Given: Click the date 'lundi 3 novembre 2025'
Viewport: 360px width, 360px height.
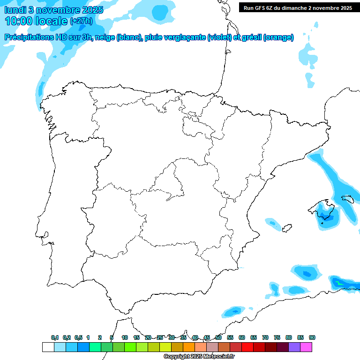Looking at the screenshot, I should click(54, 10).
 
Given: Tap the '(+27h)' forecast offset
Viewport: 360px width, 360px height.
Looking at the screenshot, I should click(81, 21).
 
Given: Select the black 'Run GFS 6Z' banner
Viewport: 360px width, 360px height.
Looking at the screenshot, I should click(298, 7).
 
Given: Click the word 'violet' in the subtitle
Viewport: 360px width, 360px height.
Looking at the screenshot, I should click(218, 37).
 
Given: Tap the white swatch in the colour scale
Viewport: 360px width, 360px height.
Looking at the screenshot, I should click(48, 347).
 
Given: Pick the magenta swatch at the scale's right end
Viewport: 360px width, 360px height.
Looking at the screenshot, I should click(306, 347).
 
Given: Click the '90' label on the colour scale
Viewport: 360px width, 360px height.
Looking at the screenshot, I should click(312, 337).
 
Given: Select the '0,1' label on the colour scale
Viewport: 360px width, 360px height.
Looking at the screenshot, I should click(55, 337).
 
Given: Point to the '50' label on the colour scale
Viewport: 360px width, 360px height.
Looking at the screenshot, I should click(218, 337).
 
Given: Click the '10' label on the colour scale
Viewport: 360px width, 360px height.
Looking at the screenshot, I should click(125, 337).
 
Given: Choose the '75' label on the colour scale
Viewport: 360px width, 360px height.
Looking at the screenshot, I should click(277, 337).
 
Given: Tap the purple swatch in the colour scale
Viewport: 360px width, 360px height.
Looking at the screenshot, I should click(294, 347).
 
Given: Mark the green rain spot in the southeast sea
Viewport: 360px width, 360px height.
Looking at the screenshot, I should click(338, 284).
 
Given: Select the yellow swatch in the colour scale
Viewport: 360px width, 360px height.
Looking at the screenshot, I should click(165, 347).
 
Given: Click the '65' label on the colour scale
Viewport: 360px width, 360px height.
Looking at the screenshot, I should click(254, 337).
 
